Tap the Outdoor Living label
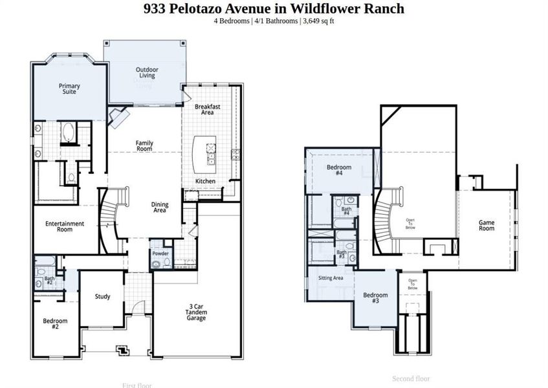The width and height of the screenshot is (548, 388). (147, 72)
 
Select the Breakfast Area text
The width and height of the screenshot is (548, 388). (207, 109)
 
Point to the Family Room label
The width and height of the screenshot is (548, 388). (144, 145)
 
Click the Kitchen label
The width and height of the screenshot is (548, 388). (205, 181)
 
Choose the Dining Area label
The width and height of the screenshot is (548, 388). (159, 208)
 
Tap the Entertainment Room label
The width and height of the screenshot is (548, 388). (65, 226)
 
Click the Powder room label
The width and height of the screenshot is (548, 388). (160, 253)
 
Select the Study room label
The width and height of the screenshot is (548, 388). (102, 297)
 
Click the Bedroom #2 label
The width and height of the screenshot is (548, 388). (55, 324)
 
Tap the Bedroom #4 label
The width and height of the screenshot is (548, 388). (338, 171)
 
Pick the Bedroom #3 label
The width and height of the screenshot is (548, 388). (375, 297)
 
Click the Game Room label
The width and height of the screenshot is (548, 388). (486, 225)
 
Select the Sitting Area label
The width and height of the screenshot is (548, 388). (330, 278)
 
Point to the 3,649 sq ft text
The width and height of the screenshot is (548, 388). (317, 21)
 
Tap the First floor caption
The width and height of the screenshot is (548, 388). (137, 385)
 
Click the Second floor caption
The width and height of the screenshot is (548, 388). (411, 378)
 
